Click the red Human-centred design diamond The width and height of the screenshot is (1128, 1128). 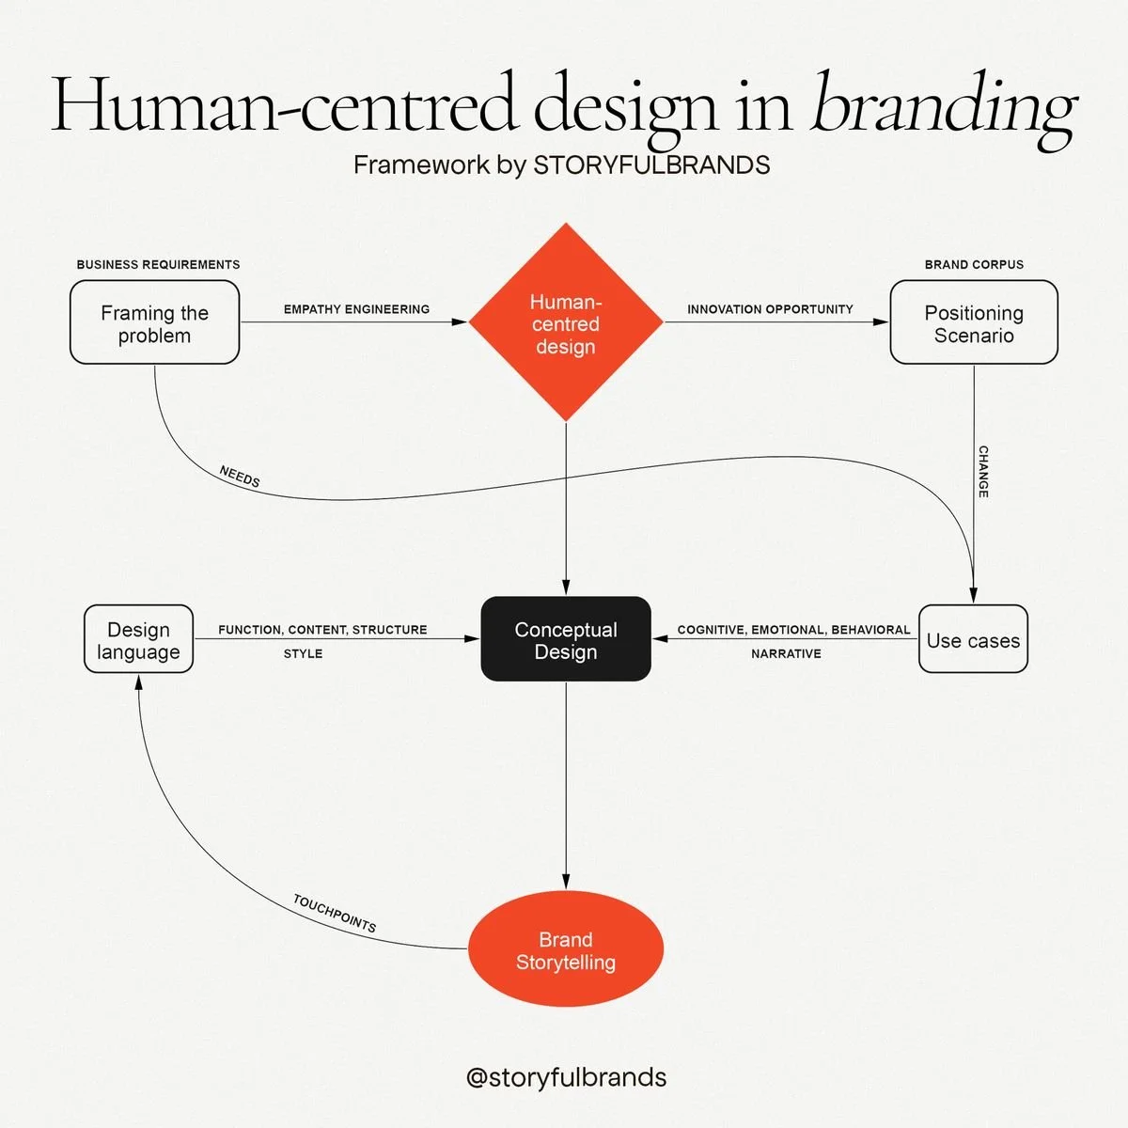tap(565, 323)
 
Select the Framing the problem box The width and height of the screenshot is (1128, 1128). tap(154, 323)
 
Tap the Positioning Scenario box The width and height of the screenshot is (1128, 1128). tap(974, 323)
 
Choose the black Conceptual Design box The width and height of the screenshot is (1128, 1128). tap(566, 639)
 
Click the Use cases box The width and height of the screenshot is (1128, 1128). tap(973, 640)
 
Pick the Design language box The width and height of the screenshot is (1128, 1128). tap(138, 640)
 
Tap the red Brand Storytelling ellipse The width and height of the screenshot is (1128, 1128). tap(565, 949)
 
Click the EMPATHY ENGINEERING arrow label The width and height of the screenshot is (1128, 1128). tap(356, 309)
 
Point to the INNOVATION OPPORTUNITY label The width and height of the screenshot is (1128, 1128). tap(770, 309)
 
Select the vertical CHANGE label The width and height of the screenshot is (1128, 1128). tap(983, 472)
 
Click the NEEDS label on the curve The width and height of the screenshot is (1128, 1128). tap(240, 477)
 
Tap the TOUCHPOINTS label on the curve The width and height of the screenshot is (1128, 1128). tap(335, 914)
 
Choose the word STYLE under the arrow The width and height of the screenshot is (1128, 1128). tap(303, 653)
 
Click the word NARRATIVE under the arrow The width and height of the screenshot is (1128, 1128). tap(786, 653)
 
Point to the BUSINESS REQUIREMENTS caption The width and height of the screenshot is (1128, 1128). tap(158, 265)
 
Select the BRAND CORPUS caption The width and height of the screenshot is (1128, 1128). tap(974, 265)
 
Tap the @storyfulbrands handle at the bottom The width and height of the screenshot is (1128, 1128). tap(566, 1077)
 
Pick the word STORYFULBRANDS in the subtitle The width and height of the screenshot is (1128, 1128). tap(651, 165)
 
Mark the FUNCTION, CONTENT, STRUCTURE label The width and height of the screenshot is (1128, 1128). tap(322, 630)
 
